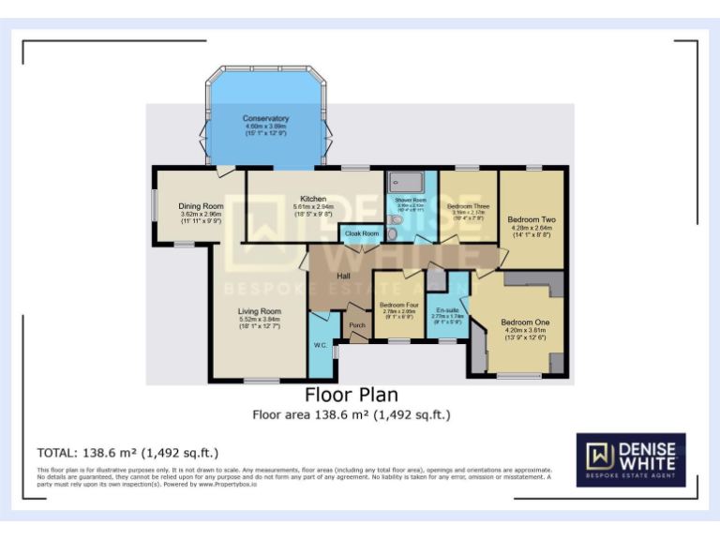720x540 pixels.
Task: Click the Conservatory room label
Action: tap(265, 119)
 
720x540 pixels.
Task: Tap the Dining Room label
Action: tap(201, 206)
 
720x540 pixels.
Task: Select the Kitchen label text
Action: tap(313, 199)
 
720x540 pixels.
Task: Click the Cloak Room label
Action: tap(362, 232)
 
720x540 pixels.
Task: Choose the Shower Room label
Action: tap(411, 200)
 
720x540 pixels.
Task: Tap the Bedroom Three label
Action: tap(468, 206)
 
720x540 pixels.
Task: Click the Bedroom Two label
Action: tap(532, 219)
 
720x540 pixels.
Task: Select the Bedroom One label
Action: tap(525, 322)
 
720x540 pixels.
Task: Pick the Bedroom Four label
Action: tap(398, 306)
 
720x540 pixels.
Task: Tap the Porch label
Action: tap(357, 325)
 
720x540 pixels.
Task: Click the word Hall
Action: tap(343, 276)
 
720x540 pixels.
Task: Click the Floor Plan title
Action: tap(352, 395)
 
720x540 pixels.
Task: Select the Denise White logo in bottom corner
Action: tap(630, 459)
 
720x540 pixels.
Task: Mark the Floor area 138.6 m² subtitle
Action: tap(352, 414)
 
